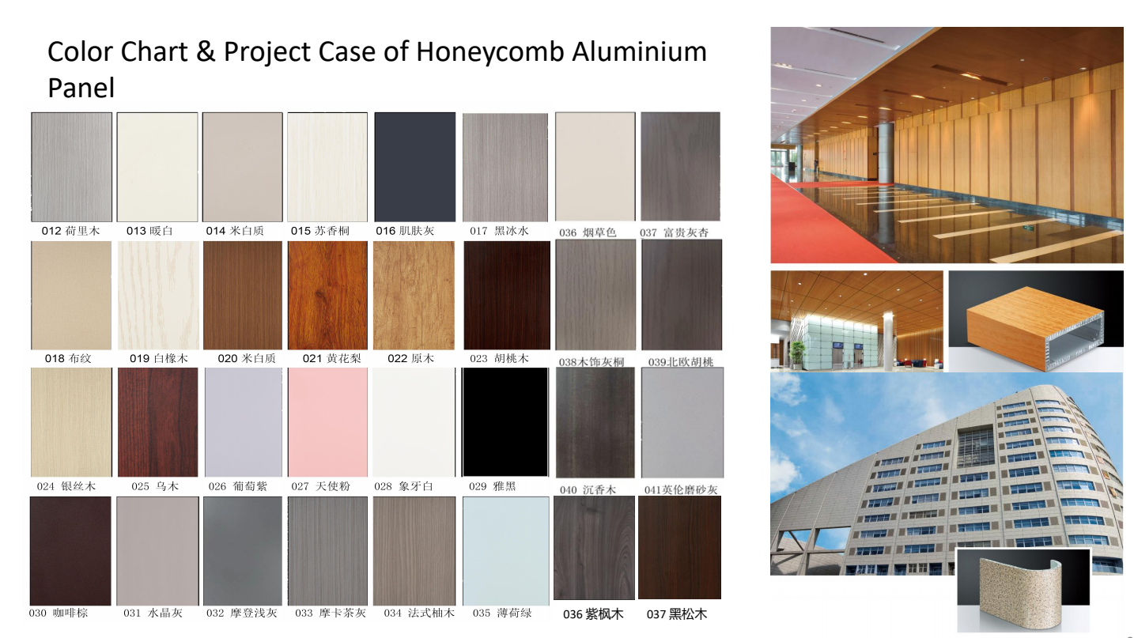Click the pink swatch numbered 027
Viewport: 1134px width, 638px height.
(327, 422)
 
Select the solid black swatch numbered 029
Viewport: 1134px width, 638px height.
(505, 422)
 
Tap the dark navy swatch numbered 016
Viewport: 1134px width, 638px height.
(414, 167)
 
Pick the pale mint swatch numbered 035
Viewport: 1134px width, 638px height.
(506, 551)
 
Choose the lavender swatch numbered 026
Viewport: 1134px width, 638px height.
(244, 422)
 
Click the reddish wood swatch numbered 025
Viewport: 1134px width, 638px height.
(158, 422)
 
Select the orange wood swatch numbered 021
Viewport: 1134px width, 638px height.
(327, 295)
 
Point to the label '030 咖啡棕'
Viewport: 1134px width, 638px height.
(59, 613)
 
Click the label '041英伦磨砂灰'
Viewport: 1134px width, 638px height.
(681, 489)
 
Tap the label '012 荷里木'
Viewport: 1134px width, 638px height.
(71, 231)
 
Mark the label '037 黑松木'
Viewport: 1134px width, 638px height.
(677, 614)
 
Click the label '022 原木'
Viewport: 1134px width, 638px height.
(410, 359)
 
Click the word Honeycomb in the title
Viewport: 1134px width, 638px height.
(490, 53)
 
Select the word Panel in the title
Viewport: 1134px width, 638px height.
(81, 88)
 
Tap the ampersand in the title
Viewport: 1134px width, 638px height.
(206, 51)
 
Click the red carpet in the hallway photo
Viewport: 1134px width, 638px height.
(820, 223)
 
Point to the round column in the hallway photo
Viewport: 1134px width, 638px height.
(886, 152)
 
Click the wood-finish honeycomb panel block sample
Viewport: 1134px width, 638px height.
(1035, 327)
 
